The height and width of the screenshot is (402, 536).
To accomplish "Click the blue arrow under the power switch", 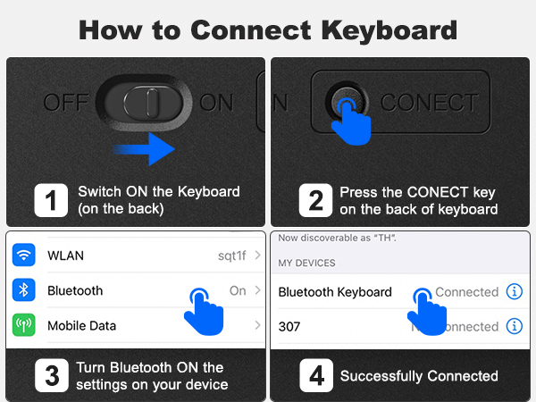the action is click(x=144, y=149).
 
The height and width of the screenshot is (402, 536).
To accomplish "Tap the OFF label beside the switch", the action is click(x=66, y=102).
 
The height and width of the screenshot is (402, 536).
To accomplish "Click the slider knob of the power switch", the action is click(x=147, y=102).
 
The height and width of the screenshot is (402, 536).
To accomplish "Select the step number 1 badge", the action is click(x=51, y=200).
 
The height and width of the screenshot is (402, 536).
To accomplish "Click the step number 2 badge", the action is click(x=315, y=200).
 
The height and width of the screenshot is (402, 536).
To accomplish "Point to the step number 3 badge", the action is click(x=52, y=375).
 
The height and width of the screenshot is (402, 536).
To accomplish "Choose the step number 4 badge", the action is click(x=316, y=375).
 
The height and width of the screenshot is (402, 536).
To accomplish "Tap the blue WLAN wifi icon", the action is click(x=23, y=255).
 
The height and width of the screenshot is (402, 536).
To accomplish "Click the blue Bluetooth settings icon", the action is click(x=23, y=290).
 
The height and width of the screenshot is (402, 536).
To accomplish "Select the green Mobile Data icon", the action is click(x=23, y=325).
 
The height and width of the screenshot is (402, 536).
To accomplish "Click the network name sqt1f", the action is click(x=232, y=255).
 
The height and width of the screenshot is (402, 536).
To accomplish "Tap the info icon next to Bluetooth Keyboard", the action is click(x=515, y=291).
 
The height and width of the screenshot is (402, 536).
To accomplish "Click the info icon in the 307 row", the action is click(x=515, y=326).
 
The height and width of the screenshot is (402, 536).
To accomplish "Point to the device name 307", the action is click(x=289, y=327).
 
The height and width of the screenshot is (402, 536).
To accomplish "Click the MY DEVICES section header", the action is click(x=306, y=263).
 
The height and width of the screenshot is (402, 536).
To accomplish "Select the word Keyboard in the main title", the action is click(x=389, y=30).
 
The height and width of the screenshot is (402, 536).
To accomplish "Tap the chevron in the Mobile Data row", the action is click(x=258, y=325).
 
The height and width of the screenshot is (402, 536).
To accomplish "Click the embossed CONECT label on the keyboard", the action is click(x=430, y=102).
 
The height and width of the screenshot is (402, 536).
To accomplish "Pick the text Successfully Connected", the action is click(x=419, y=376).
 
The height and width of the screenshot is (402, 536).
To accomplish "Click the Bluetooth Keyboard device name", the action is click(x=335, y=292).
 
